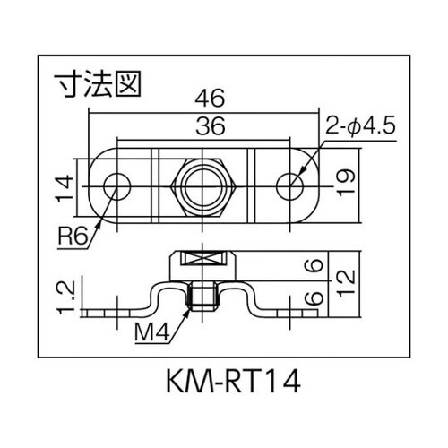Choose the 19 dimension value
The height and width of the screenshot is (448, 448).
[346, 184]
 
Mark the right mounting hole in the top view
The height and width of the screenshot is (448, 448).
[290, 185]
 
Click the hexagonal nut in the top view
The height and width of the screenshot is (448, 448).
[203, 185]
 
